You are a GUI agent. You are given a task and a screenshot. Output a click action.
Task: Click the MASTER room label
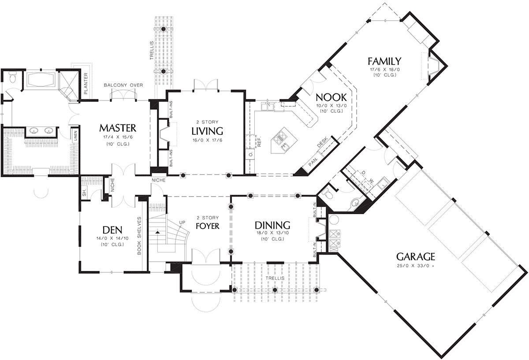point(118,128)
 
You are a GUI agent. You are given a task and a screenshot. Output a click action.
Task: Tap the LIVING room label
point(207,131)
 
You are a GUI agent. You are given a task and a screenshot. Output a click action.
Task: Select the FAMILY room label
point(384,61)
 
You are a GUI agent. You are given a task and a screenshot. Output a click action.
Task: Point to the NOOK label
point(331,97)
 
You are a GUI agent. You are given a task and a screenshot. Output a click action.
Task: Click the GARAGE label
point(416,256)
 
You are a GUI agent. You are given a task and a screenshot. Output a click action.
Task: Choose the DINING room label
point(272,226)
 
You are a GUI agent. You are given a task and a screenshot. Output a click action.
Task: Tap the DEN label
point(112,230)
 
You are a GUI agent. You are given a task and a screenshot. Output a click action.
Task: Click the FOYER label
point(208,226)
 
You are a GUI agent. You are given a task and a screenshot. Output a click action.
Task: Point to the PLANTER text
point(86,83)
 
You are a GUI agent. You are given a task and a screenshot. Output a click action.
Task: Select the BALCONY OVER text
point(123,85)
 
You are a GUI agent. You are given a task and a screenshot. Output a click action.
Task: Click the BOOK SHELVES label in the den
point(139,236)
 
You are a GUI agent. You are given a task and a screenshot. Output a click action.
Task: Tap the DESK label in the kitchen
point(322,142)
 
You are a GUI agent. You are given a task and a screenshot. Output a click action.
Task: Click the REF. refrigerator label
point(259,141)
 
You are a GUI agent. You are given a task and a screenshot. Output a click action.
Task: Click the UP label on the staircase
point(182,222)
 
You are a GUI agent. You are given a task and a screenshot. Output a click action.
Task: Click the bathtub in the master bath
point(41,80)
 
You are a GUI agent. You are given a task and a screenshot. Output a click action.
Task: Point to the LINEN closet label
point(75,136)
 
